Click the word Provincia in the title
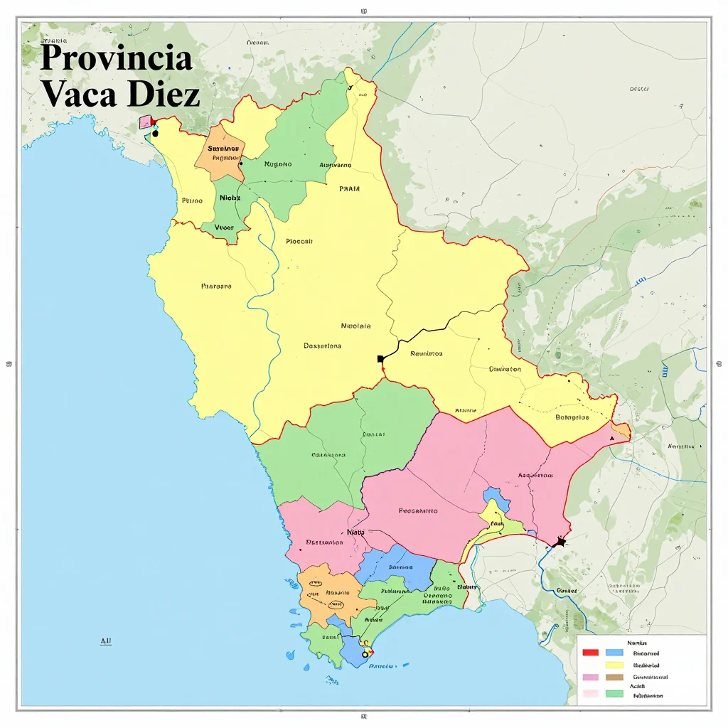pos(116,58)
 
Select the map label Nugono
pos(278,164)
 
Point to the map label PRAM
pos(349,189)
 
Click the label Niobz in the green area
pos(230,198)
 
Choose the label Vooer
pos(224,227)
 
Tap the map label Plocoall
pos(299,241)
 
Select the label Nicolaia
pos(356,326)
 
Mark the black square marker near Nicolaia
pos(381,358)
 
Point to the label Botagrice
pos(572,417)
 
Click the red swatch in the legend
pos(590,652)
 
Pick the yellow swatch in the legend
pos(614,665)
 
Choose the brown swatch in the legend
pos(614,678)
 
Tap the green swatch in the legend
pos(614,693)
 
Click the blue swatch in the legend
pos(614,652)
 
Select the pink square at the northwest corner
pos(146,122)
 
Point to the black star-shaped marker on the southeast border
pos(560,543)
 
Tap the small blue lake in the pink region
pos(496,497)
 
